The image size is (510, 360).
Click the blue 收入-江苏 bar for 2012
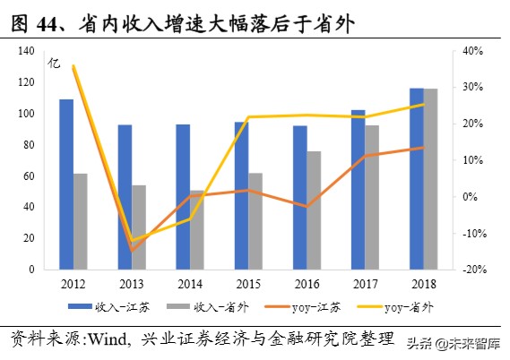pyautogui.click(x=66, y=184)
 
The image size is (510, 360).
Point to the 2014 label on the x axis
pyautogui.click(x=189, y=284)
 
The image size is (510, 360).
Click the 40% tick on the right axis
pyautogui.click(x=473, y=51)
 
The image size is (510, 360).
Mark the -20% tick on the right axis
pyautogui.click(x=474, y=270)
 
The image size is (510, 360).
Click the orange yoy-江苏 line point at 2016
pyautogui.click(x=307, y=207)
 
